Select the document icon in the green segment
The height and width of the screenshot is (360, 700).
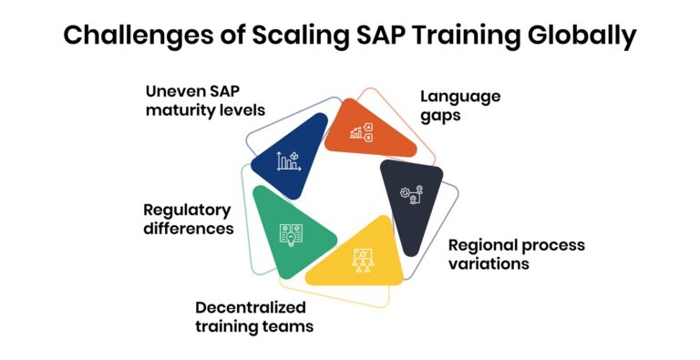point(290,234)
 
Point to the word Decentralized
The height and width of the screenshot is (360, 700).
point(253,307)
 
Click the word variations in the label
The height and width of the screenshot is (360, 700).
point(488,263)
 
